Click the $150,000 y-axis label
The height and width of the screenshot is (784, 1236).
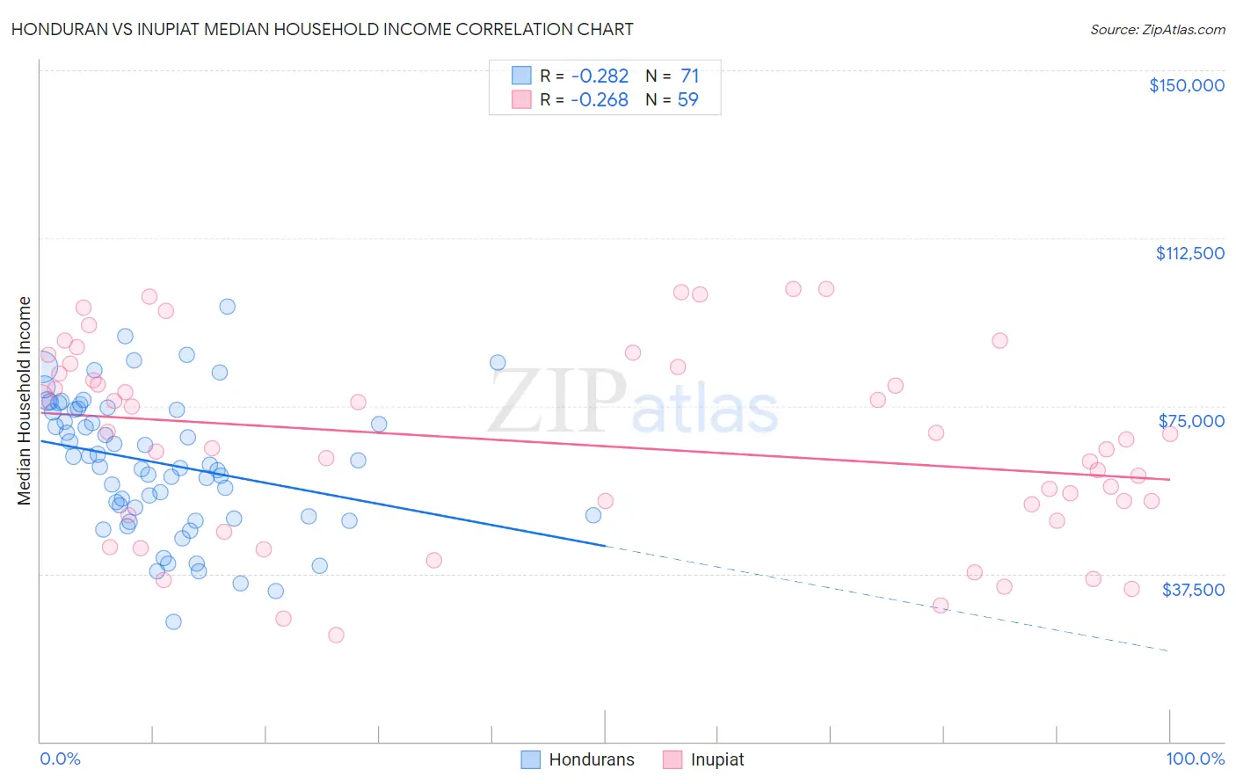tap(1186, 85)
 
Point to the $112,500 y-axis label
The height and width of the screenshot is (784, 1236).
tap(1189, 253)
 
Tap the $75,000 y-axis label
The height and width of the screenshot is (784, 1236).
tap(1191, 421)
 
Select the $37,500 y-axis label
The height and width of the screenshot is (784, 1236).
tap(1193, 590)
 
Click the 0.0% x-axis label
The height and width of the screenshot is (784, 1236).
tap(60, 759)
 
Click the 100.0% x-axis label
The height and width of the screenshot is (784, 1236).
tap(1195, 759)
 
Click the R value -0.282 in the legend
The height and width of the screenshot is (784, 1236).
tap(600, 76)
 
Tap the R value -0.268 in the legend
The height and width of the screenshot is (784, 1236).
tap(600, 100)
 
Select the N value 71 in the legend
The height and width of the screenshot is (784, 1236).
tap(689, 76)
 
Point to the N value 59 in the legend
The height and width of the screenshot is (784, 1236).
tap(687, 100)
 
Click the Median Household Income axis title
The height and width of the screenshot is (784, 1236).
tap(25, 401)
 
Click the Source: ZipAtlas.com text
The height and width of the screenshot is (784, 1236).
tap(1157, 30)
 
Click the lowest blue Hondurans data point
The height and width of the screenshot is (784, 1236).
tap(173, 621)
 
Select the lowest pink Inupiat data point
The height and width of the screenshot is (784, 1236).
tap(335, 635)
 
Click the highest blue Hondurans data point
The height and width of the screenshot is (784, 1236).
tap(227, 307)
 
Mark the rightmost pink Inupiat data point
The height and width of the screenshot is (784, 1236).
tap(1169, 434)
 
